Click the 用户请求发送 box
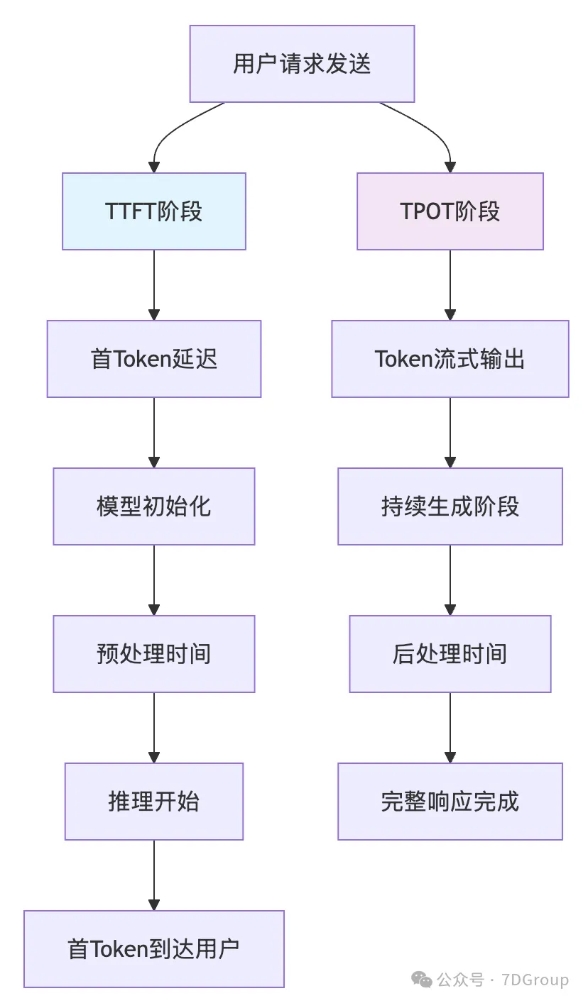click(x=302, y=64)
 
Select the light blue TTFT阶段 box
click(x=154, y=211)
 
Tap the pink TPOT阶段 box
click(x=450, y=211)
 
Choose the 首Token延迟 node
click(x=154, y=359)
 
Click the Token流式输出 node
click(x=450, y=359)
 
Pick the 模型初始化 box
click(x=154, y=506)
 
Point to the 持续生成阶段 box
click(x=450, y=506)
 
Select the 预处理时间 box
click(x=154, y=654)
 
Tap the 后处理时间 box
click(x=450, y=654)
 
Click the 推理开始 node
click(x=154, y=802)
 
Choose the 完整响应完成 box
click(x=450, y=802)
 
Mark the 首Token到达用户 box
click(x=154, y=949)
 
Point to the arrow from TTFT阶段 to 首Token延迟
click(x=154, y=284)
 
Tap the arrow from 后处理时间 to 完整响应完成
click(x=450, y=726)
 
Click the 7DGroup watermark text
click(x=535, y=980)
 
